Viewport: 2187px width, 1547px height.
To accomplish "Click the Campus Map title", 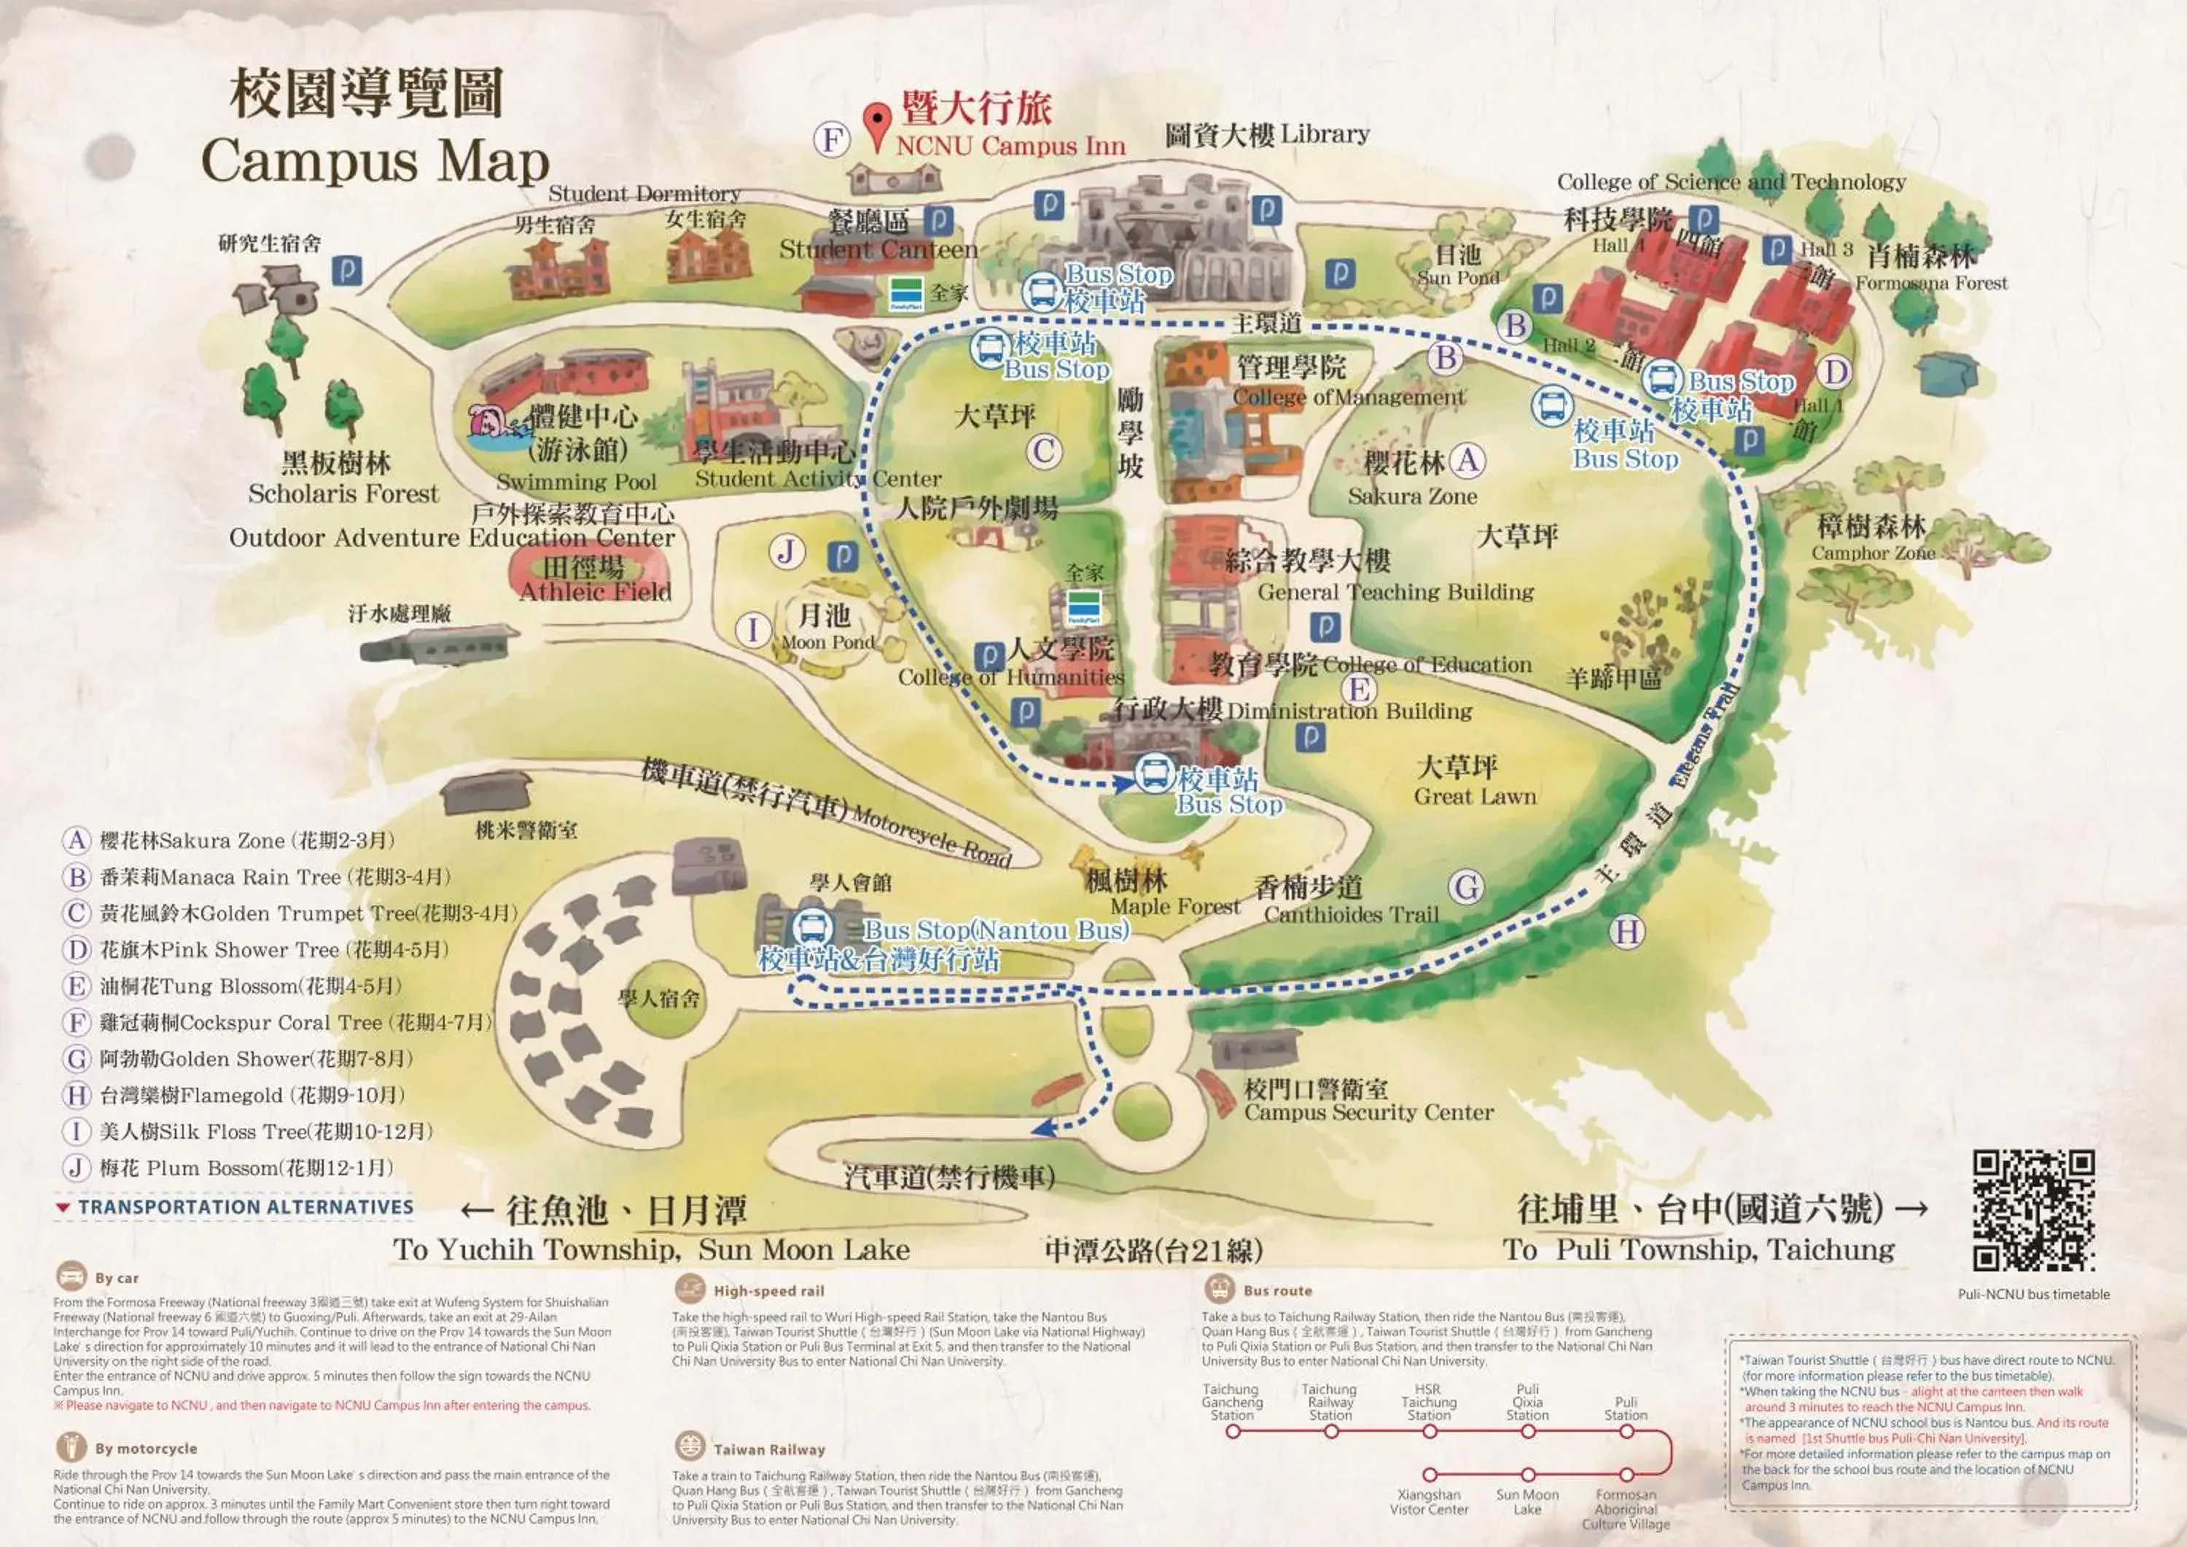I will (x=375, y=160).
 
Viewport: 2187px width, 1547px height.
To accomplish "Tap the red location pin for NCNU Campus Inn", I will (x=876, y=125).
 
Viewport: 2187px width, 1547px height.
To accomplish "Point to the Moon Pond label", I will (x=827, y=642).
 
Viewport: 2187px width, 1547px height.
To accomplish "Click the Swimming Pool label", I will (x=577, y=481).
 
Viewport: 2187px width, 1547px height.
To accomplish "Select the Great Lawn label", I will (x=1475, y=796).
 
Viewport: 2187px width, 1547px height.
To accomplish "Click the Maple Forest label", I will (x=1175, y=907).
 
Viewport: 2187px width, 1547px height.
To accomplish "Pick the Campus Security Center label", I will (x=1369, y=1112).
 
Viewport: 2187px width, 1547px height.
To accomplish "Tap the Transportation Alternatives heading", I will (x=245, y=1207).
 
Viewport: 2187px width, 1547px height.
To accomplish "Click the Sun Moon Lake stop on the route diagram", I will (x=1528, y=1475).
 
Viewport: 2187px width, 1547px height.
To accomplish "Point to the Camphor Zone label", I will (x=1873, y=553).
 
